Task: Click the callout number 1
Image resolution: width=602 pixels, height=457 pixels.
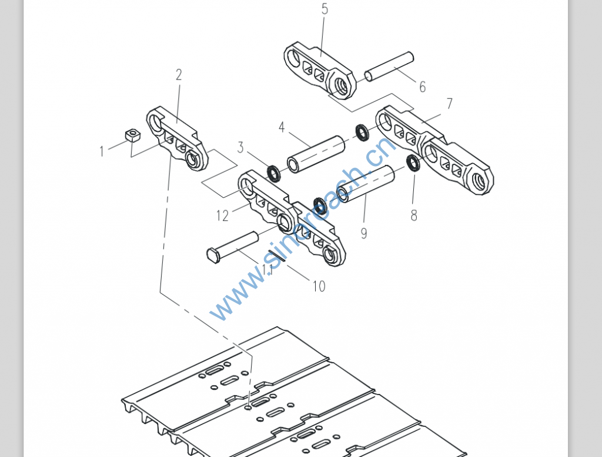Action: (x=102, y=151)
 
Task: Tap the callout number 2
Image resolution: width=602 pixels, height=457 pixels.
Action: (x=179, y=75)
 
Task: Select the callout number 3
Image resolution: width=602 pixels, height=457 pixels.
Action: (x=240, y=147)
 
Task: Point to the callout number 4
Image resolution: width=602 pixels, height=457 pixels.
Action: (x=282, y=128)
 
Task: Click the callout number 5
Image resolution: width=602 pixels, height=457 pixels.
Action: (x=325, y=9)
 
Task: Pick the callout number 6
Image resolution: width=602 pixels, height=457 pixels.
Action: (x=422, y=87)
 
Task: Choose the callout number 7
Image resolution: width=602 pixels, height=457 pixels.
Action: (x=450, y=104)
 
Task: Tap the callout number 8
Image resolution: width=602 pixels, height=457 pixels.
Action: (x=414, y=216)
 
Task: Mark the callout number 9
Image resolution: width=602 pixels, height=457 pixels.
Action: (x=364, y=233)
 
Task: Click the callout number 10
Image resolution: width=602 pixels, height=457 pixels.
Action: (x=318, y=286)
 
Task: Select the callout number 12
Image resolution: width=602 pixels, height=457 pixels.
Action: (x=222, y=216)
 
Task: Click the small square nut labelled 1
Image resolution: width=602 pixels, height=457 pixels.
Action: (x=133, y=136)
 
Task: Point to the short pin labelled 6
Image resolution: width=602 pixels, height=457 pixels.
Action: (x=389, y=67)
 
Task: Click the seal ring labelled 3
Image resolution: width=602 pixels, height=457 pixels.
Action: (x=274, y=173)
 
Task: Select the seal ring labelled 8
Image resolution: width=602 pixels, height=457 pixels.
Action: (x=413, y=163)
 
